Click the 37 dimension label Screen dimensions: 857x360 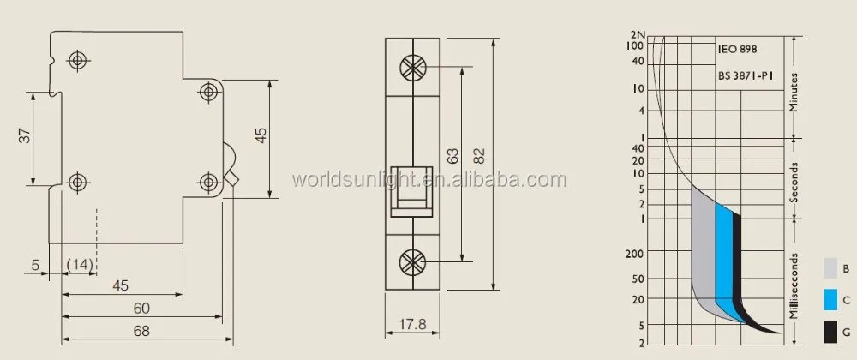coord(25,136)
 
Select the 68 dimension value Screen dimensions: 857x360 coord(141,331)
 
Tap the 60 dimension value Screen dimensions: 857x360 coord(141,309)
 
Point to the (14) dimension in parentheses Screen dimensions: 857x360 coord(80,265)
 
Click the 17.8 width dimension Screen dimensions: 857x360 coord(412,325)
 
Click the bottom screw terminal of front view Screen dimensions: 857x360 coord(413,262)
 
